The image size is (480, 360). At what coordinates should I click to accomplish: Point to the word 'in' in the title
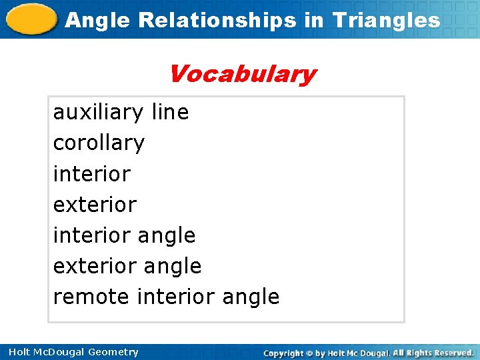(x=313, y=20)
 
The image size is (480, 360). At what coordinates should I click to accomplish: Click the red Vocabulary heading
(x=241, y=73)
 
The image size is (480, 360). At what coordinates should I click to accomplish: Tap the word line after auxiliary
(x=170, y=112)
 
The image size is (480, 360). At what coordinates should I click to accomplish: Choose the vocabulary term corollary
(x=99, y=143)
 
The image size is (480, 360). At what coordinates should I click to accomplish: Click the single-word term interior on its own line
(x=91, y=173)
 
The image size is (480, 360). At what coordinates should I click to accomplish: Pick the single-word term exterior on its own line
(x=95, y=204)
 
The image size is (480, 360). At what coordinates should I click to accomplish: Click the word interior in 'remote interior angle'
(x=175, y=296)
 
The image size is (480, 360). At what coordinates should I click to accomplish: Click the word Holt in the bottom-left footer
(x=17, y=352)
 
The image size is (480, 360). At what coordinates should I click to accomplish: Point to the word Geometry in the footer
(x=113, y=352)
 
